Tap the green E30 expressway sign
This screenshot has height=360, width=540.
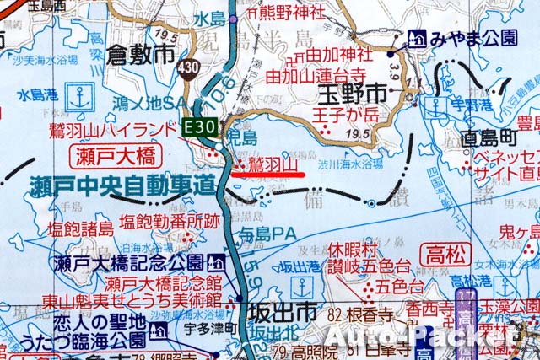click(203, 127)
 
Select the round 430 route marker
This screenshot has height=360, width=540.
click(189, 65)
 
